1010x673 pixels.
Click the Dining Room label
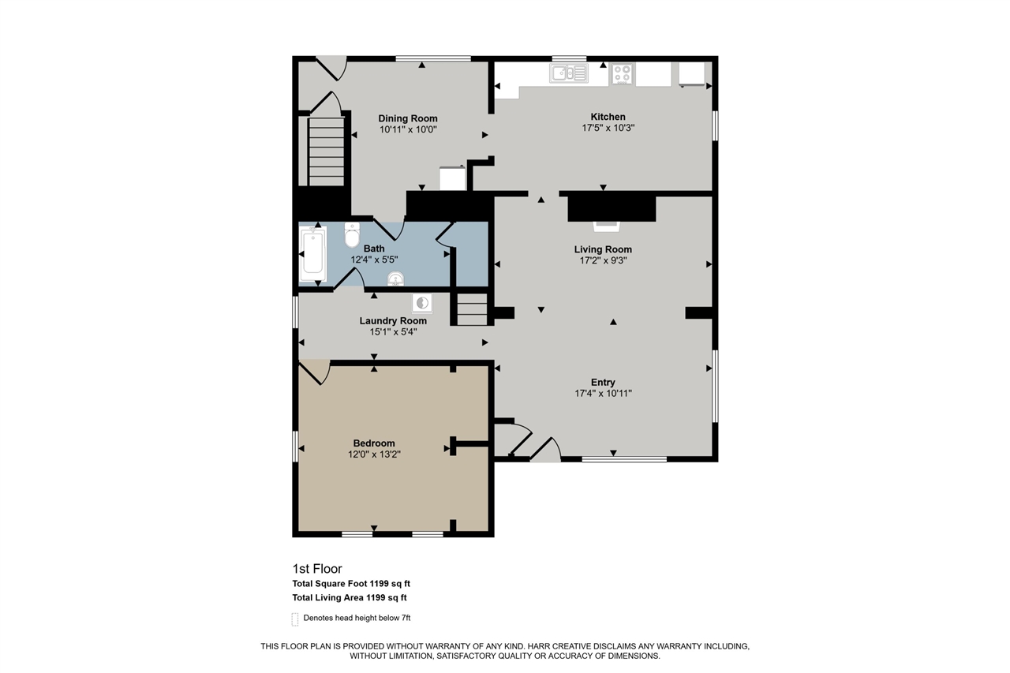408,118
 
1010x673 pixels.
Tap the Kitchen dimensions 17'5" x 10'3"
608,128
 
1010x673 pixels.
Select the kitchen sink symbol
569,73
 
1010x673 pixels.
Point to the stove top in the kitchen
622,74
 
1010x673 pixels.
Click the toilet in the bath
352,234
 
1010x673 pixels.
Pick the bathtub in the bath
312,253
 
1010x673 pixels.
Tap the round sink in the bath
395,279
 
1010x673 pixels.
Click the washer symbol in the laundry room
422,303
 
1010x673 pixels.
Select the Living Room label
603,249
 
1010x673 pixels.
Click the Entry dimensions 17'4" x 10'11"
603,394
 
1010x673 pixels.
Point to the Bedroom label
374,443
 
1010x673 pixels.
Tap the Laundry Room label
393,321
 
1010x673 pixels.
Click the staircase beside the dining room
326,151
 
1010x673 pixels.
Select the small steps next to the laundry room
472,309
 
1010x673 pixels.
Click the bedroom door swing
315,372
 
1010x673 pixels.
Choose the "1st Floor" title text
317,568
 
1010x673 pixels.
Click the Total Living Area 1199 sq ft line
350,598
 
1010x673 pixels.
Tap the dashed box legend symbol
295,619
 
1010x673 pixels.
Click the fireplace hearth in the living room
607,226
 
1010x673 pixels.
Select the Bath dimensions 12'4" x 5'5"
374,260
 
